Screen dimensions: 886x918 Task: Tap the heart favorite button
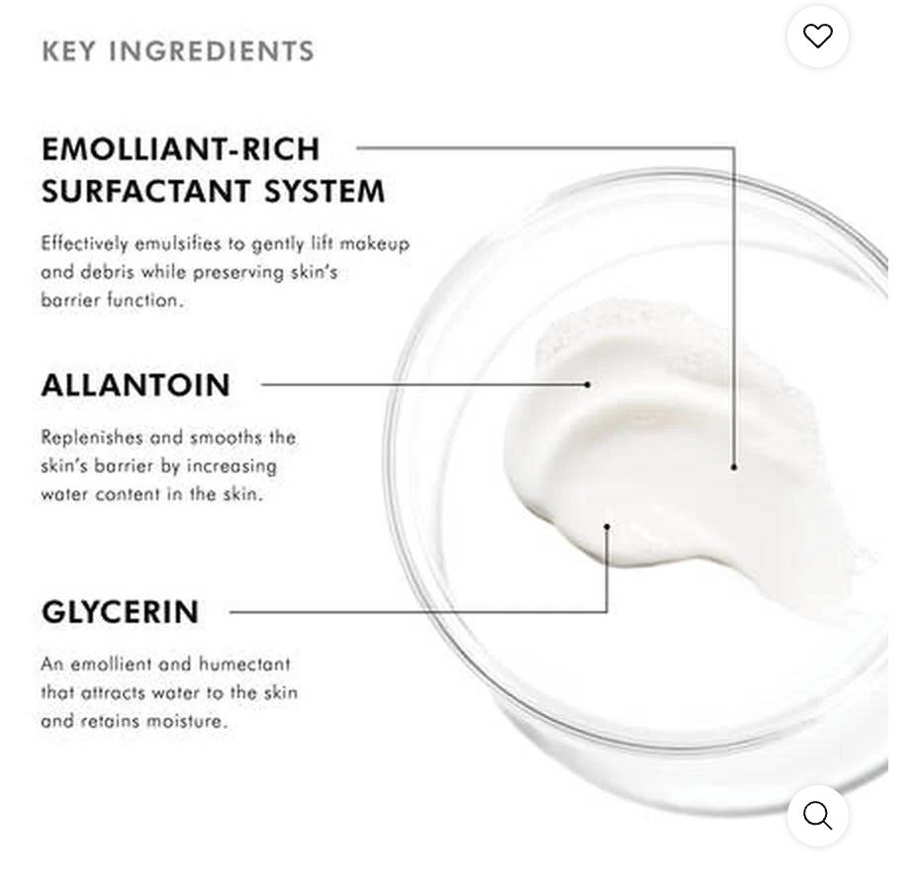coord(817,37)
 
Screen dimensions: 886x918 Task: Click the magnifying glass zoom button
coord(817,816)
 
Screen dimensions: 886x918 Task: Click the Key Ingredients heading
coord(178,51)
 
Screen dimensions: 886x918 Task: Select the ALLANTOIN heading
coord(136,385)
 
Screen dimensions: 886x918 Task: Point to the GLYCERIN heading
coord(120,612)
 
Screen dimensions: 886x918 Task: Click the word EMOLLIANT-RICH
coord(181,149)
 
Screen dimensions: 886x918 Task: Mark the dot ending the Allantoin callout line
coord(588,384)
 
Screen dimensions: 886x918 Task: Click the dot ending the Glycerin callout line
coord(606,527)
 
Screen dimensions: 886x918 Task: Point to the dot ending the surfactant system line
coord(734,466)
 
